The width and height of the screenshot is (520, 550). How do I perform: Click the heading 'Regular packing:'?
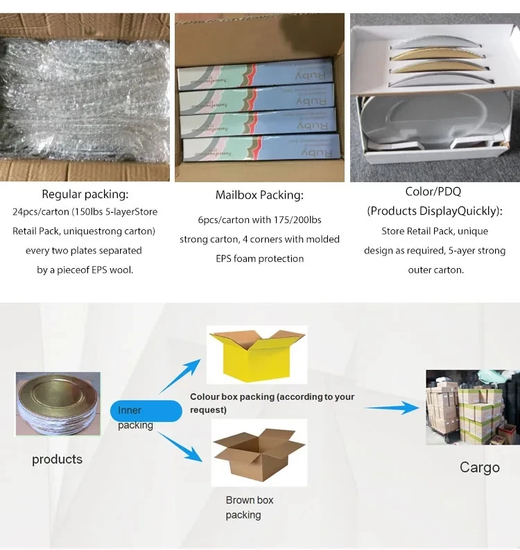tap(85, 195)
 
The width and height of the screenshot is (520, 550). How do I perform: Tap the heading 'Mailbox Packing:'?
tap(259, 195)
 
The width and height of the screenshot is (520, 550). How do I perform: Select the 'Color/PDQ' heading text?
tap(433, 191)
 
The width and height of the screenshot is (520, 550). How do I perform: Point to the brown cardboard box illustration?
tap(258, 454)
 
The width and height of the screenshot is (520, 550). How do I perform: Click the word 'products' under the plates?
tap(57, 459)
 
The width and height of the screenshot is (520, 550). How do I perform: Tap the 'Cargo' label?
tap(479, 468)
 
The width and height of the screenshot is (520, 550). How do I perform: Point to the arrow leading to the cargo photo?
tap(392, 408)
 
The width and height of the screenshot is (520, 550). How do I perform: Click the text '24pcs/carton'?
tap(40, 211)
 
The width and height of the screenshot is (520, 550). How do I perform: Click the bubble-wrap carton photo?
tap(85, 97)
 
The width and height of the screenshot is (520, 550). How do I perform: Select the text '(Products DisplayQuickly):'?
tap(435, 211)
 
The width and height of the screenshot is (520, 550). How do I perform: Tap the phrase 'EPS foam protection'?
tap(259, 258)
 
